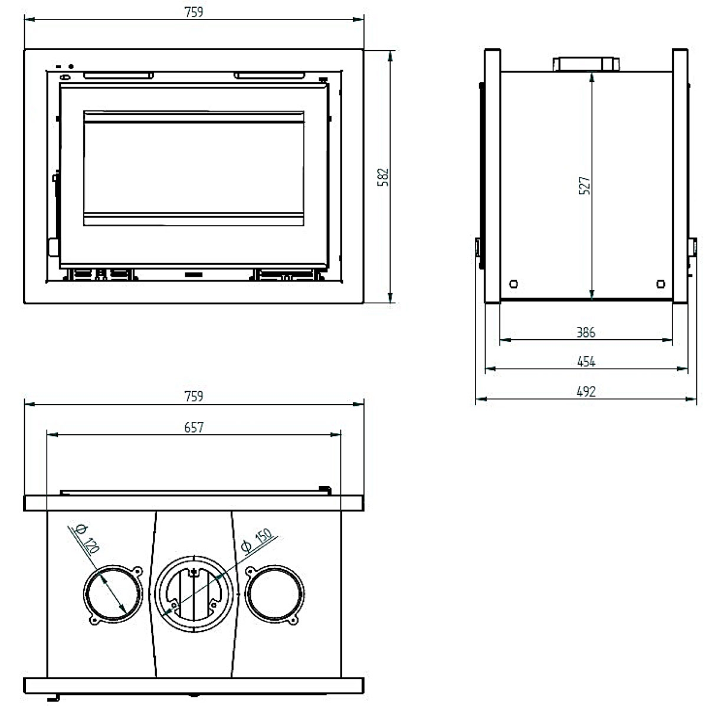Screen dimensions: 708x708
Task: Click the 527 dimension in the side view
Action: (585, 186)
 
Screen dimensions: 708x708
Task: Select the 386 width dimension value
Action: (586, 332)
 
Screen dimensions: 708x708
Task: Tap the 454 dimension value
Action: (586, 361)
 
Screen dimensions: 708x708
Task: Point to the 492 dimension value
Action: (586, 391)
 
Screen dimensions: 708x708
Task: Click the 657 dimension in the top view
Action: (194, 427)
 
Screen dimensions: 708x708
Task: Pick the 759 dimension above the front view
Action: (194, 12)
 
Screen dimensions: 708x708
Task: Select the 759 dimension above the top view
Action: (194, 396)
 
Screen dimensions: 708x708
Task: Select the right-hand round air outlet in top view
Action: (276, 594)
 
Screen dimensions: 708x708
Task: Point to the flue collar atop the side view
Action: (585, 64)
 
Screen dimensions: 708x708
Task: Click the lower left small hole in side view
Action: (513, 284)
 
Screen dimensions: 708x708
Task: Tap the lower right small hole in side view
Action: (661, 284)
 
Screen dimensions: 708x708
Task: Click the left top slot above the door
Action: (118, 75)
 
